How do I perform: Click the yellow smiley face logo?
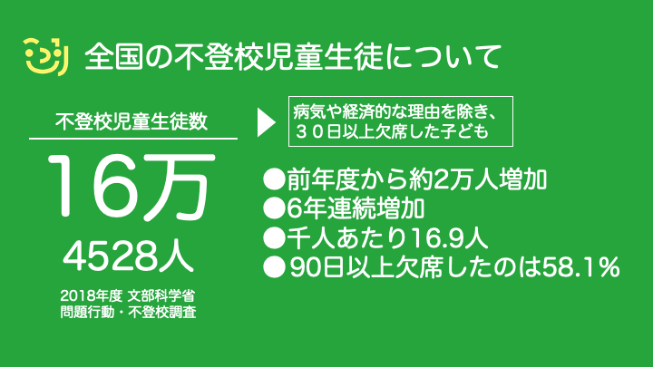45,57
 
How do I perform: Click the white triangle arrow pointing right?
267,122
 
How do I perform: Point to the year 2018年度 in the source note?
92,295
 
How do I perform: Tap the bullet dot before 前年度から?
274,179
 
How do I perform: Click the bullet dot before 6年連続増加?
274,208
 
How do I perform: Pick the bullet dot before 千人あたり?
274,238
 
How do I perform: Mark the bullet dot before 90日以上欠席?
274,267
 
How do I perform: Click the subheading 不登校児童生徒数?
132,121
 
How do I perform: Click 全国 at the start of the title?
114,56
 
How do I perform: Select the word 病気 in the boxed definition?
308,112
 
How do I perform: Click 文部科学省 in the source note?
161,295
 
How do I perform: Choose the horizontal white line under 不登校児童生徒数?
133,138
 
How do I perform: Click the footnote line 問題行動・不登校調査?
128,312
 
